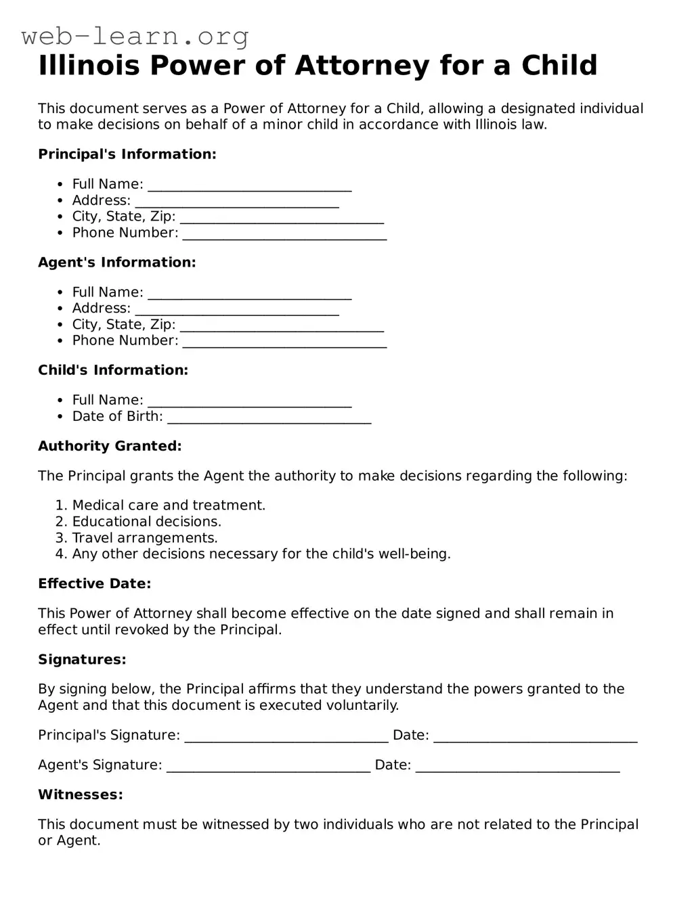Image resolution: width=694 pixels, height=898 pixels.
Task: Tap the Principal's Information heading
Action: [127, 154]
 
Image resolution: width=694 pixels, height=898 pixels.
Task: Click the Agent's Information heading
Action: [116, 263]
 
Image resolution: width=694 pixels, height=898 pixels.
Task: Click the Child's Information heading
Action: [112, 370]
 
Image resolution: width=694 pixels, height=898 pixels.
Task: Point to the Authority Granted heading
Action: [110, 446]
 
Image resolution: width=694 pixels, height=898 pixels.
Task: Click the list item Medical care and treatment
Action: [169, 506]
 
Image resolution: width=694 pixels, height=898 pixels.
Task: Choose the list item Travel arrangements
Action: [145, 538]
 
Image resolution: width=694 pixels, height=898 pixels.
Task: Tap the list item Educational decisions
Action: [147, 522]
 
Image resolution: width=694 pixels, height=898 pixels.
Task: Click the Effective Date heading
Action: [94, 584]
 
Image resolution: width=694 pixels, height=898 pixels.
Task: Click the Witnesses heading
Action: [81, 794]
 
